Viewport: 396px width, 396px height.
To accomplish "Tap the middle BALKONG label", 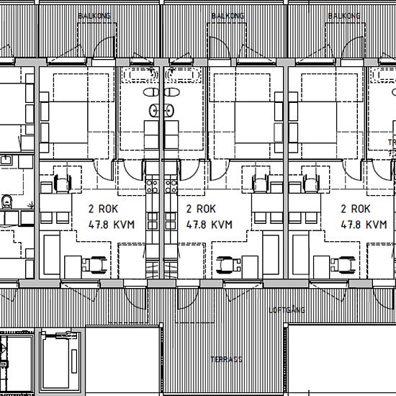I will pos(228,15).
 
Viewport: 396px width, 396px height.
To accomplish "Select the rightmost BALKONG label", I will pos(343,15).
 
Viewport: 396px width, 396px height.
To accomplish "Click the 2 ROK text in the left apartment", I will pos(103,209).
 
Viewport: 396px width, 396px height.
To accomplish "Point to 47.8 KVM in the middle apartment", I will pos(209,224).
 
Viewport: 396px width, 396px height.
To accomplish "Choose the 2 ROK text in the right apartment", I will pos(356,209).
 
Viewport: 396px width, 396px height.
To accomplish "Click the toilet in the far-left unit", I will pos(8,202).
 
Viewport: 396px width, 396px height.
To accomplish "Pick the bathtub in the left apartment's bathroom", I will pos(140,75).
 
